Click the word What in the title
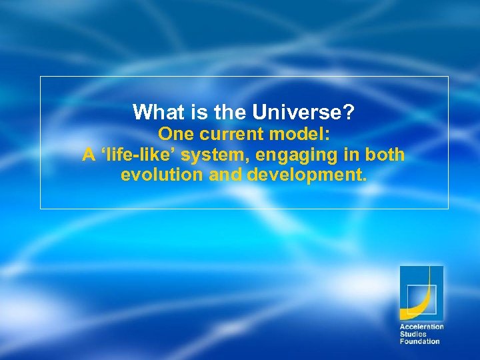click(x=153, y=112)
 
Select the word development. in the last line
click(x=307, y=176)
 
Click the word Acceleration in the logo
click(x=421, y=327)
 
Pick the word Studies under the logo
click(x=413, y=334)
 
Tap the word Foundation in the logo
click(x=419, y=341)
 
